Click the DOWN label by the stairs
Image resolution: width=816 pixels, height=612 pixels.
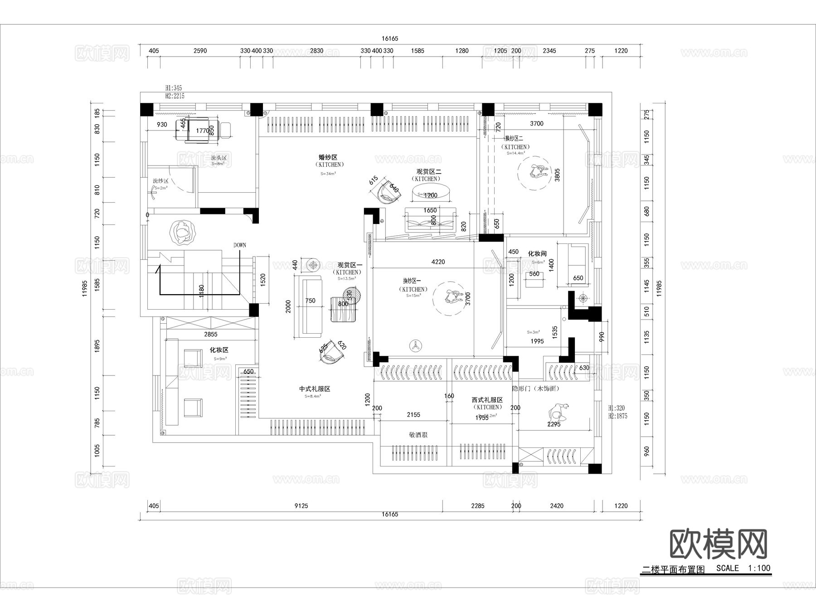click(240, 245)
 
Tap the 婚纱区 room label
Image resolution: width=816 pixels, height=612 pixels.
click(328, 157)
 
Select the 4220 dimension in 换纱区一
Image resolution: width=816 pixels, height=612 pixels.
click(438, 262)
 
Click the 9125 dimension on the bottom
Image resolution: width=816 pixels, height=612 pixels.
click(301, 505)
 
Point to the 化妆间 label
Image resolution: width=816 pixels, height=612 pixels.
click(537, 254)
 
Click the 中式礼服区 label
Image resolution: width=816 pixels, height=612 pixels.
click(314, 389)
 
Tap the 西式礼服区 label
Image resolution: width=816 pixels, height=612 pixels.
click(487, 400)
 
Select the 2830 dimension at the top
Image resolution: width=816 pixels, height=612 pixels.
click(316, 51)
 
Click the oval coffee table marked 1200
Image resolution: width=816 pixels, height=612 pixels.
click(431, 194)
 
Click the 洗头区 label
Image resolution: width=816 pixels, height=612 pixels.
click(219, 158)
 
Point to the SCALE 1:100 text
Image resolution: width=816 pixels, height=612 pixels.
click(743, 568)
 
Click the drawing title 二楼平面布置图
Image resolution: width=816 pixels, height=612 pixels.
click(673, 570)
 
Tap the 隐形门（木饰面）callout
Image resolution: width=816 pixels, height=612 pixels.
click(535, 389)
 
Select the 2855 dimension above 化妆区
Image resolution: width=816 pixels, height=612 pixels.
click(210, 334)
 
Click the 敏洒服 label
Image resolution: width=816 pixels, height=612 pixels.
click(418, 435)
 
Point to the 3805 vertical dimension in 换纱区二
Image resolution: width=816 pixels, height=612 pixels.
click(557, 175)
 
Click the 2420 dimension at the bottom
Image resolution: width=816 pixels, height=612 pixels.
click(556, 505)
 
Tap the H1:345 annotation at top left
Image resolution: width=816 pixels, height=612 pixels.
click(174, 87)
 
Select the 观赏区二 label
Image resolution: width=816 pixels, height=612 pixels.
click(429, 172)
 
